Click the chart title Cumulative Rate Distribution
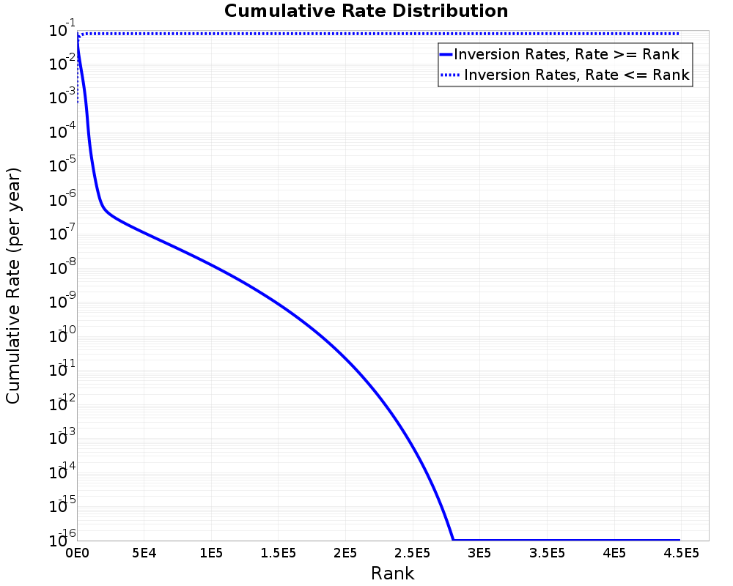pyautogui.click(x=366, y=12)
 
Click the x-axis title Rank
pyautogui.click(x=392, y=574)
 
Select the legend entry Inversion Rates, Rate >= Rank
pyautogui.click(x=567, y=54)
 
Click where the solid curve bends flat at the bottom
pyautogui.click(x=453, y=540)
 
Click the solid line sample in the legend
pyautogui.click(x=446, y=54)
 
